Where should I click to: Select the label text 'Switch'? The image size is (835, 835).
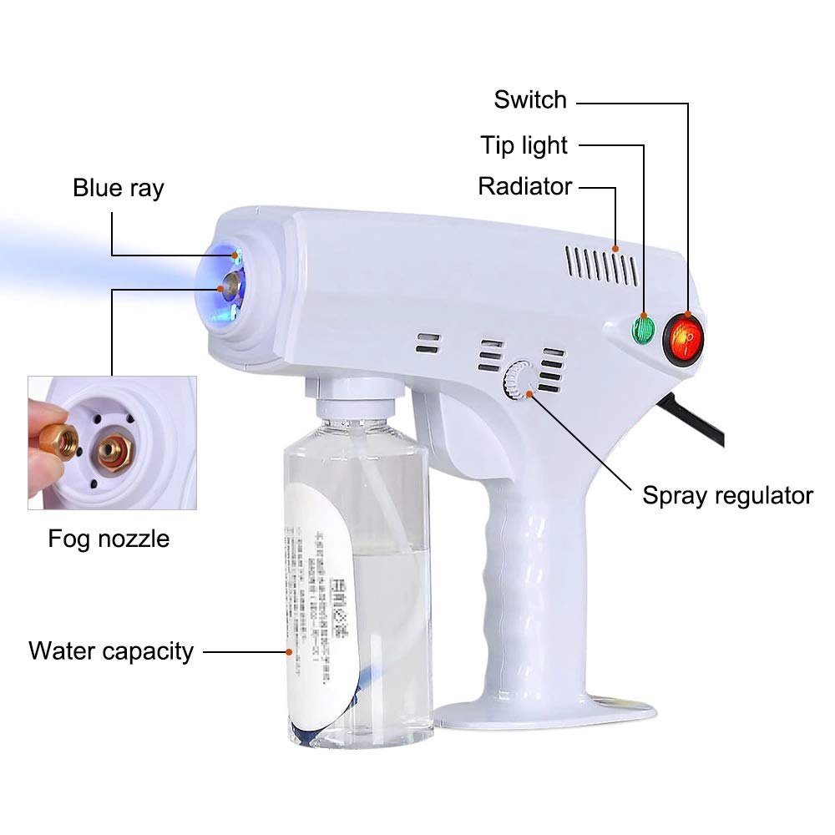(530, 100)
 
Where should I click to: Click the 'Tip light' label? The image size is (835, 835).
(524, 145)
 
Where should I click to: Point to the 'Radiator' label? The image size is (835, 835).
(524, 186)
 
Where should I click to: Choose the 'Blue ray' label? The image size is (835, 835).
(119, 188)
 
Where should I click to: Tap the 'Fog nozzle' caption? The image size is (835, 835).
(109, 539)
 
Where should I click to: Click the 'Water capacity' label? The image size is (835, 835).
(111, 650)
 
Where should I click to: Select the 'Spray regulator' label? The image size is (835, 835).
(727, 495)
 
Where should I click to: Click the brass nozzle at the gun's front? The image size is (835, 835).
(225, 287)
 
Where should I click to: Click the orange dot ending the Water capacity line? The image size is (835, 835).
(287, 650)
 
